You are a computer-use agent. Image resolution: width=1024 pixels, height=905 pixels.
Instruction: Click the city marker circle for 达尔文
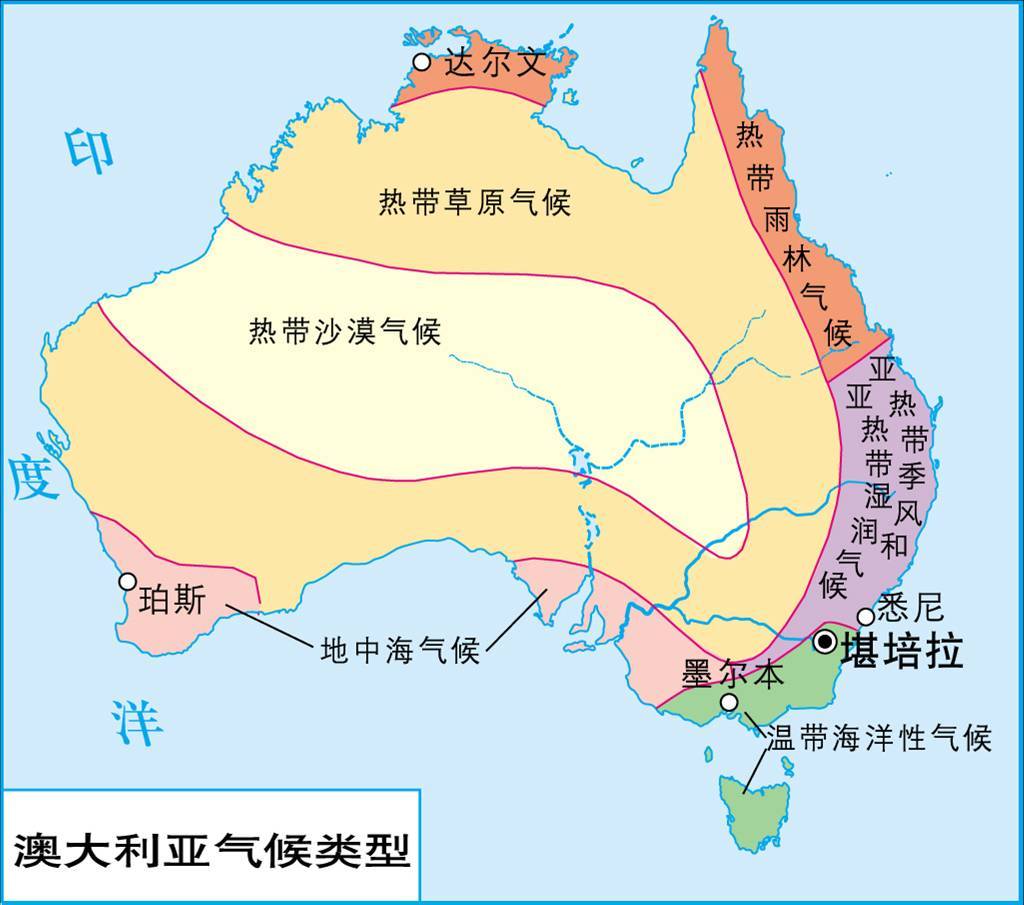[x=422, y=63]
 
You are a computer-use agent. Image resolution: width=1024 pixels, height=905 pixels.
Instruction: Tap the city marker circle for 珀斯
[x=128, y=581]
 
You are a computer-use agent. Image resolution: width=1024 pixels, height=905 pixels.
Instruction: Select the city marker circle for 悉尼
[x=865, y=617]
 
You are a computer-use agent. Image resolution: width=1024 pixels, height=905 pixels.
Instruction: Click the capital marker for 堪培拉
[x=825, y=642]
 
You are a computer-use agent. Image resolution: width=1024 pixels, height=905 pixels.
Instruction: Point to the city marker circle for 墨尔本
[x=730, y=702]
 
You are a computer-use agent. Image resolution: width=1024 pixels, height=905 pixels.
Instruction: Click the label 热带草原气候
[x=474, y=203]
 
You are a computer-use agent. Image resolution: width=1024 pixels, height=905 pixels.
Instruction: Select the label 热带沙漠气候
[x=345, y=331]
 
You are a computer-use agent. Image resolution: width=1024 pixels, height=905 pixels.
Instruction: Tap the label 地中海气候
[x=400, y=651]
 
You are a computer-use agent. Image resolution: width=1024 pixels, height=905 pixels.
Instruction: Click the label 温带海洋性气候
[x=878, y=738]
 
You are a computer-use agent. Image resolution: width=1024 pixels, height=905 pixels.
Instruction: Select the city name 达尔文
[x=496, y=63]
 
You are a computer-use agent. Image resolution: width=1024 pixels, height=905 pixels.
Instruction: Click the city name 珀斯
[x=174, y=601]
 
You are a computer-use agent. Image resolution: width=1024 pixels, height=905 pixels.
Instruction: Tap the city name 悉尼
[x=910, y=607]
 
